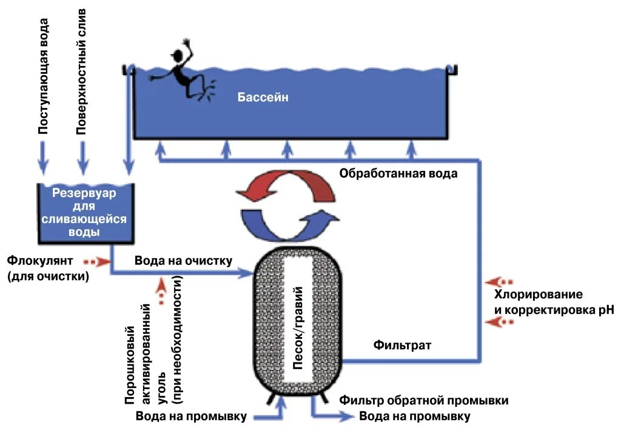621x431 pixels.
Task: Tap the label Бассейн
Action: (x=263, y=97)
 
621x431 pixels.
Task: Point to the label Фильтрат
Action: (x=402, y=346)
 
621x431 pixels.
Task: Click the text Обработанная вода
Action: (x=398, y=174)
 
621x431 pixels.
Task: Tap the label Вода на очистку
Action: (x=183, y=261)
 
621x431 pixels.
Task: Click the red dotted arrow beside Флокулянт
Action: (x=97, y=262)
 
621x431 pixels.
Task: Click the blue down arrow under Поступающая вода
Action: (x=43, y=157)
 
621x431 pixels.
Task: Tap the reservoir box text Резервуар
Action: (x=84, y=193)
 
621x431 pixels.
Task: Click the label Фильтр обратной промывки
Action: (x=423, y=401)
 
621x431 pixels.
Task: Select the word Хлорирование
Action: (x=539, y=295)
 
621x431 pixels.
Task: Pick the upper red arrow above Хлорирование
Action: (x=501, y=282)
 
